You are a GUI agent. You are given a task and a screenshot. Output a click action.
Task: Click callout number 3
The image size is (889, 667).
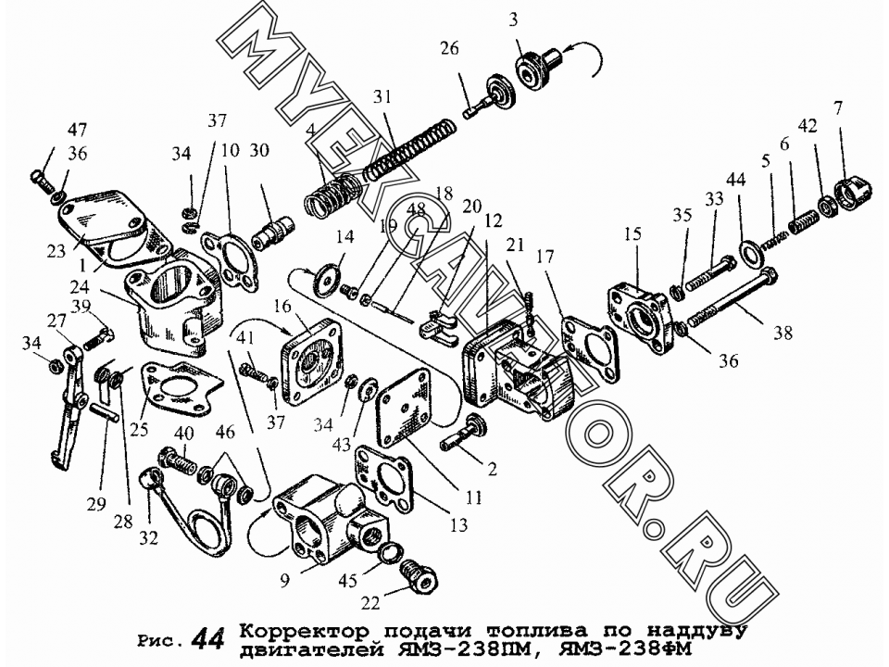point(513,20)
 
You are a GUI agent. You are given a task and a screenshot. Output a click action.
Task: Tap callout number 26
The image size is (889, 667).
point(449,49)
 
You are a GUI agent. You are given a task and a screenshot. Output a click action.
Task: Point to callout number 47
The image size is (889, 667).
point(77,130)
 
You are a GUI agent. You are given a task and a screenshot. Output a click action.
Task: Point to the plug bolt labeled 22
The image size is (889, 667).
point(419,575)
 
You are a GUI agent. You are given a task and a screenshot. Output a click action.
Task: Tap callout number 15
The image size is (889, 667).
point(632,233)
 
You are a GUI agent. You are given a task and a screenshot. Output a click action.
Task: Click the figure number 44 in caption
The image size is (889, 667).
point(207,639)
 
